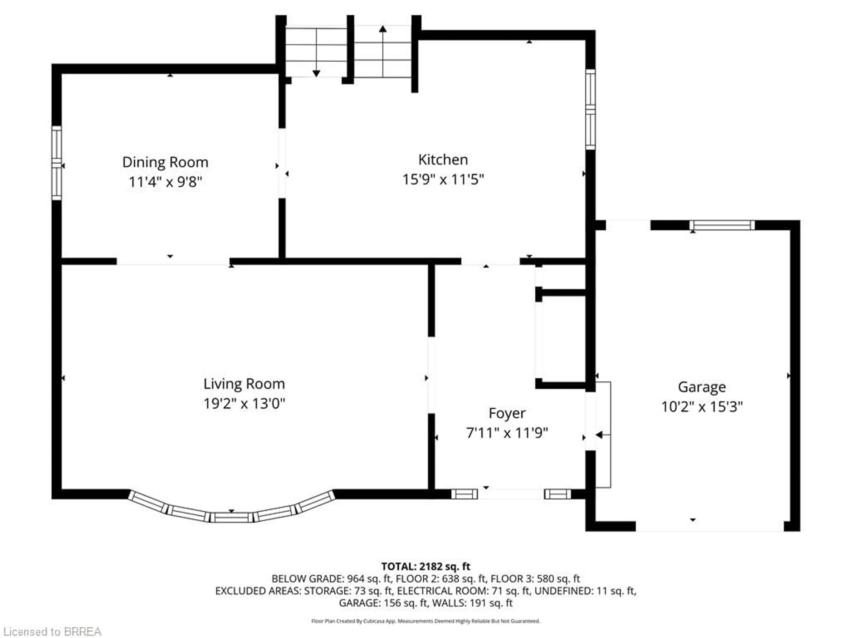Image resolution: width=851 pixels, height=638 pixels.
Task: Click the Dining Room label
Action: point(165,162)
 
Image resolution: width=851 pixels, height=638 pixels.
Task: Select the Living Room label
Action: point(244,384)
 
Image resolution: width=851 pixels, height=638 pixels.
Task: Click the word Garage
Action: point(702,387)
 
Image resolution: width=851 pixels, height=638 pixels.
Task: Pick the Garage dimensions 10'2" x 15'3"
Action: point(702,407)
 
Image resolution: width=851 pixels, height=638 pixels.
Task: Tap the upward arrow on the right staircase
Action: point(383,29)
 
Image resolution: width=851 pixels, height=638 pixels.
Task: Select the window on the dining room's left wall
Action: point(57,163)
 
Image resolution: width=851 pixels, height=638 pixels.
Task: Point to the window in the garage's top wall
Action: point(722,225)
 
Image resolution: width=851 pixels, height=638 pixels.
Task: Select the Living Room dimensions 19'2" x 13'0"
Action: point(244,403)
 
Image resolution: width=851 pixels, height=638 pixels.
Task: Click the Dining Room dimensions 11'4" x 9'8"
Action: point(165,182)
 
